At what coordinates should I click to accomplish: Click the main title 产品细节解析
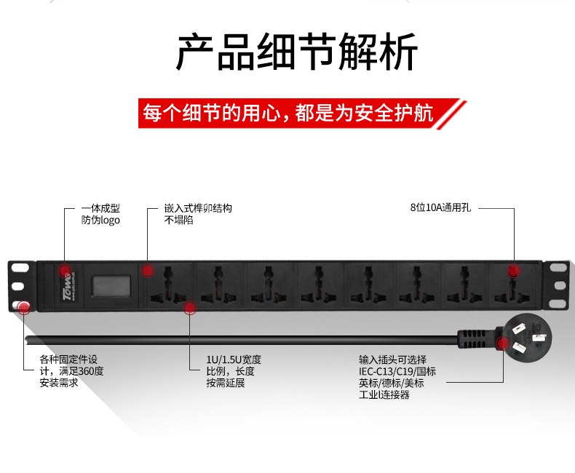point(297,52)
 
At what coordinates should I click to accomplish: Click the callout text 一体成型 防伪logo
point(100,214)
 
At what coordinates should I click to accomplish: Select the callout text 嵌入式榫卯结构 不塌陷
point(198,214)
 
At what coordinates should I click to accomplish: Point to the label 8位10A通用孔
point(440,207)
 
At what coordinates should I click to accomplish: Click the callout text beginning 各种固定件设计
point(71,371)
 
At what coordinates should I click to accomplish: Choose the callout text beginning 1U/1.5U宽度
point(234,371)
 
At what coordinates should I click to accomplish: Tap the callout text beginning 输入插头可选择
point(397,377)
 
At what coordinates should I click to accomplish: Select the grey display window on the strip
point(111,286)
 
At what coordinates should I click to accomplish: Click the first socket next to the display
point(168,285)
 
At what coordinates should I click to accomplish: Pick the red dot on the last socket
point(513,271)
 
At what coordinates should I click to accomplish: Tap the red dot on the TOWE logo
point(65,271)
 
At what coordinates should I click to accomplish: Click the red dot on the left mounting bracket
point(24,308)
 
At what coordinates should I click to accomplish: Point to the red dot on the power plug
point(502,343)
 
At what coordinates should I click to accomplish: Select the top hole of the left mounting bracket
point(20,267)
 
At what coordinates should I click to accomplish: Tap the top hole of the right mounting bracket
point(558,267)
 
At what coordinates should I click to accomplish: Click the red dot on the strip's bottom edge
point(189,308)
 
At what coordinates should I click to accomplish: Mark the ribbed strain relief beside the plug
point(476,339)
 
